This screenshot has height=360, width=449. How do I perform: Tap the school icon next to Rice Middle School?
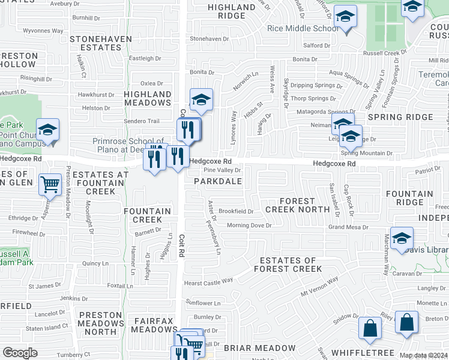[x=346, y=18]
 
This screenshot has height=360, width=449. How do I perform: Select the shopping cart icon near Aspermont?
[x=50, y=184]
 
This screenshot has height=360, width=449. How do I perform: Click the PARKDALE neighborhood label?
[x=218, y=181]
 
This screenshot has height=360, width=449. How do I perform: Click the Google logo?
[x=20, y=353]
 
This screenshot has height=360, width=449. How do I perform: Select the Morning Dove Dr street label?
[x=250, y=226]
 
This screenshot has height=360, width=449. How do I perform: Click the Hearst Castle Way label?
[x=208, y=281]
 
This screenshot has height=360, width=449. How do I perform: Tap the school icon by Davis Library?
[x=401, y=238]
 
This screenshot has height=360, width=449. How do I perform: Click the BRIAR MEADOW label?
[x=259, y=348]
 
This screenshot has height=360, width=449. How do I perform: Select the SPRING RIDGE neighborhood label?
[x=392, y=117]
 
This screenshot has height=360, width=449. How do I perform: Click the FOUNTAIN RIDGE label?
[x=409, y=198]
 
